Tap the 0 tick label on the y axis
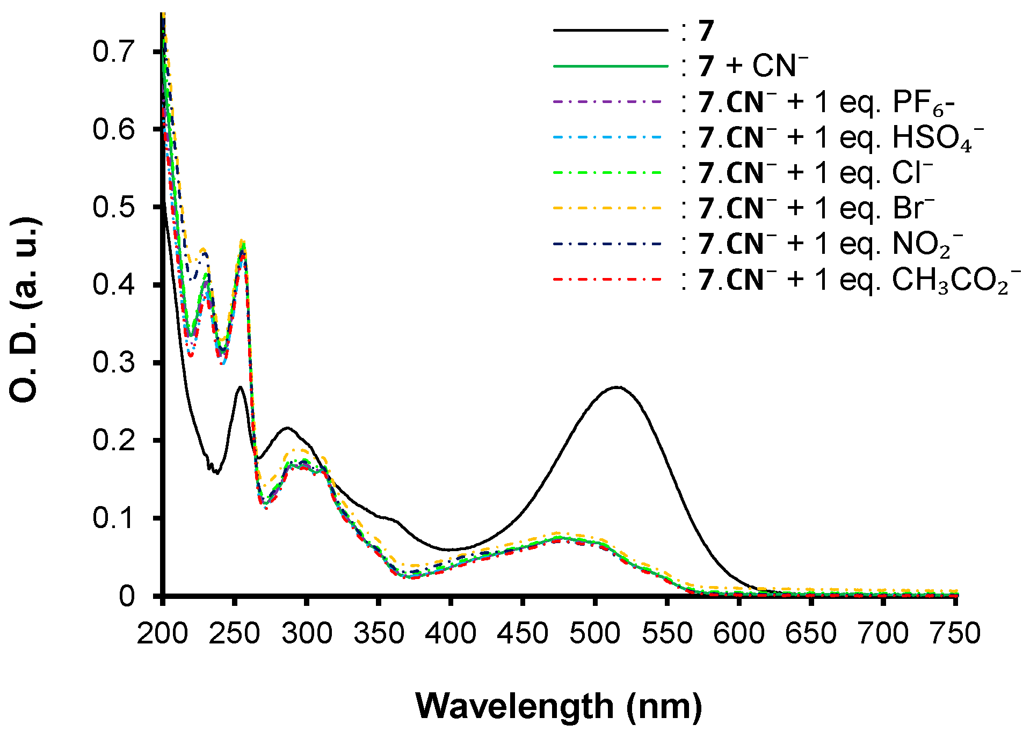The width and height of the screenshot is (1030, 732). click(127, 596)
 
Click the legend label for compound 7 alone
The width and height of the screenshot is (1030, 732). click(706, 31)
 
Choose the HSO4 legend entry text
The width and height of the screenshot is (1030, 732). click(841, 137)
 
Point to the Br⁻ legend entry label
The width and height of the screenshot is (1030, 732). click(816, 208)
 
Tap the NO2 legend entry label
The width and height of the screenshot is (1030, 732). click(830, 244)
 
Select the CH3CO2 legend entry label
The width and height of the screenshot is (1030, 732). click(859, 280)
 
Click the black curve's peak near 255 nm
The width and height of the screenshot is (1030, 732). click(240, 386)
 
